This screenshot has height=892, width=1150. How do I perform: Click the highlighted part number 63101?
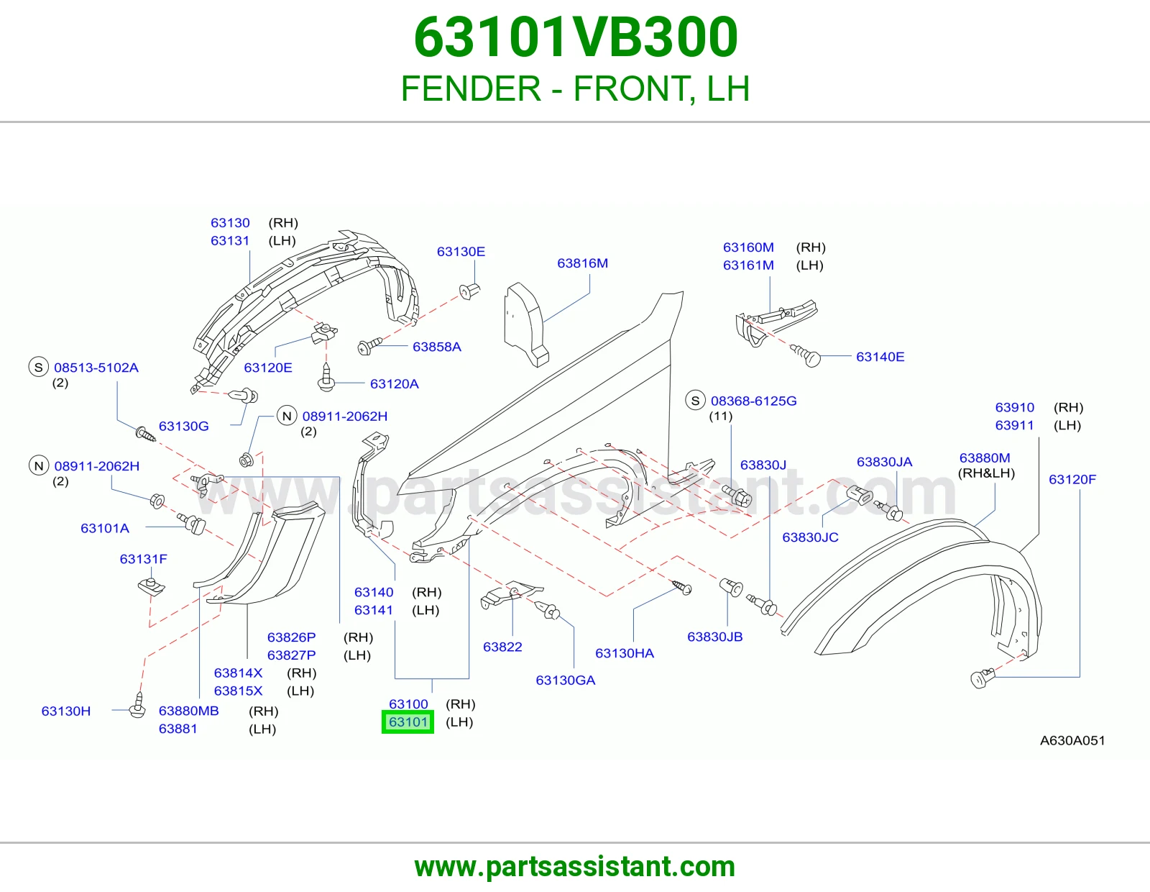click(408, 722)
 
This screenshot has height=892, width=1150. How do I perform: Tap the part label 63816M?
click(582, 263)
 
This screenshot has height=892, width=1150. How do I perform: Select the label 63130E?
click(461, 252)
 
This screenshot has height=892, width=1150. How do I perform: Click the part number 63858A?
click(436, 347)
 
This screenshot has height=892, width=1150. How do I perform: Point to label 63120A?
click(395, 383)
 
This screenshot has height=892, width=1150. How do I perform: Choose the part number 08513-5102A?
click(96, 368)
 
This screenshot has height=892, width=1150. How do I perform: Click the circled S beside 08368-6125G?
click(696, 401)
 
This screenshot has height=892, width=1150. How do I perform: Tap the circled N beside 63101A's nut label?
click(39, 466)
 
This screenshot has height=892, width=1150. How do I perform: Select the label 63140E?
click(880, 357)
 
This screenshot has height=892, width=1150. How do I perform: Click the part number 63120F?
click(1072, 479)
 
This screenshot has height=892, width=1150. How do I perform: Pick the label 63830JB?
click(714, 637)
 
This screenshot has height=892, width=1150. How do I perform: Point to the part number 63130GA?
click(565, 680)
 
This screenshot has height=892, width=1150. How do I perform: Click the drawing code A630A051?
click(1072, 740)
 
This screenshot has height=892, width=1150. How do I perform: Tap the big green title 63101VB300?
click(575, 37)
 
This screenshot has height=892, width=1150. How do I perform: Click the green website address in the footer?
click(575, 867)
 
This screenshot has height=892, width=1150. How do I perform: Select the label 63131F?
click(144, 559)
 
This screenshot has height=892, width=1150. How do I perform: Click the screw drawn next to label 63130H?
click(138, 706)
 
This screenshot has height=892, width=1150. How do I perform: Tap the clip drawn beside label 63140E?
click(806, 355)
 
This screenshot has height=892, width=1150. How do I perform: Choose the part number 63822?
click(502, 647)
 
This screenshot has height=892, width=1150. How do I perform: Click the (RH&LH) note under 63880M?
click(986, 473)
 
